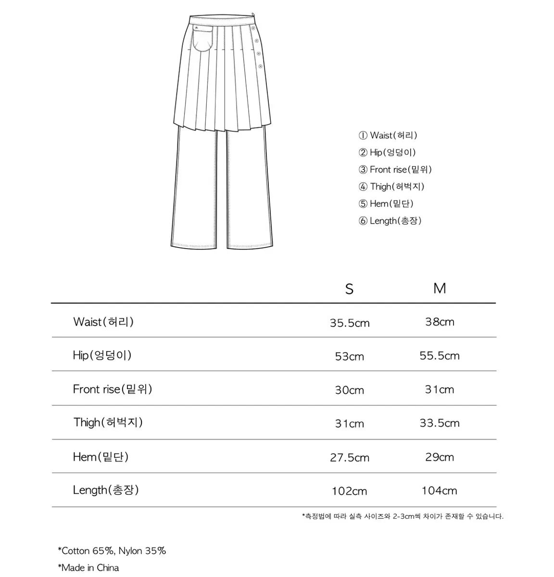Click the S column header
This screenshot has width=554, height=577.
coord(349,289)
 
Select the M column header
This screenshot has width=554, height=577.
coord(440,288)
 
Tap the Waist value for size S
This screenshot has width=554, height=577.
coord(350,323)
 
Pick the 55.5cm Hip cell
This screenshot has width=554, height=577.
coord(440,356)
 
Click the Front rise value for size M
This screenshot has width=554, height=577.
coord(440,389)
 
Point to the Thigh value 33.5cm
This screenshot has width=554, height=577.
coord(440,423)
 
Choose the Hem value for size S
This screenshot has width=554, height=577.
coord(350,457)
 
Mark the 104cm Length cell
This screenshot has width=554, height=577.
coord(440,491)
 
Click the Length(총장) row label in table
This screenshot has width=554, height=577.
coord(106,490)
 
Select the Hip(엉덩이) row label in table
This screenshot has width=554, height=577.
coord(102,355)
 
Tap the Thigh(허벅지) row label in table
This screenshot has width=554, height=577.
coord(108,423)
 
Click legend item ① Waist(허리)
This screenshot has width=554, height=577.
coord(388,136)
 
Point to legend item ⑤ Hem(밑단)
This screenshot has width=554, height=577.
coord(386,204)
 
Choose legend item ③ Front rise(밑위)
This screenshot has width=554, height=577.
coord(395,170)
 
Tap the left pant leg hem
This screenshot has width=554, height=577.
coord(198,244)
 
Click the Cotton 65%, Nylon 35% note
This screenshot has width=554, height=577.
coord(112,551)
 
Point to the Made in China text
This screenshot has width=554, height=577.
coord(88,568)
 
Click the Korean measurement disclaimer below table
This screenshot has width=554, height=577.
coord(403,516)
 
